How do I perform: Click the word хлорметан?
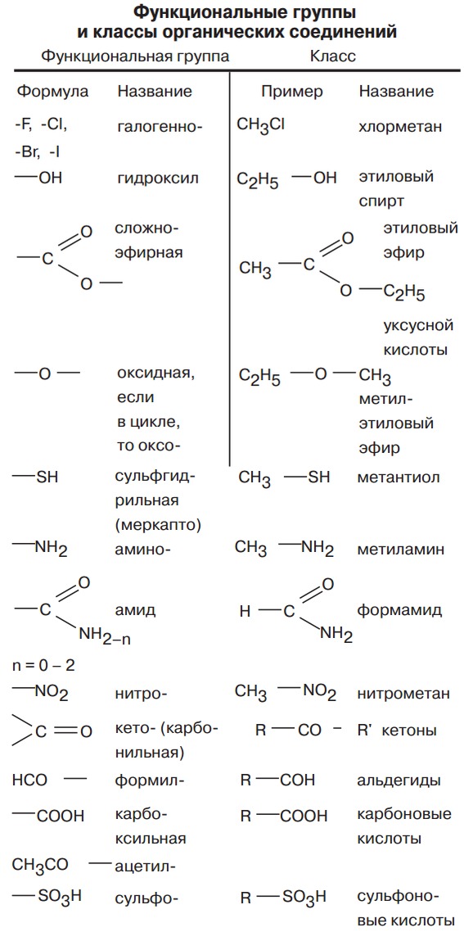tap(401, 127)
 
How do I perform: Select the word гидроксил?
tap(158, 179)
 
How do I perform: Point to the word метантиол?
tap(399, 477)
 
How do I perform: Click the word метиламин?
tap(400, 550)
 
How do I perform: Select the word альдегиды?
tap(399, 780)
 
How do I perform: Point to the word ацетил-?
tap(144, 866)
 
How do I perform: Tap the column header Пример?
tap(292, 92)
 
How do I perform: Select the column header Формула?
tap(53, 92)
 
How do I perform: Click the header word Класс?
tap(333, 57)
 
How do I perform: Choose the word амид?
tap(136, 610)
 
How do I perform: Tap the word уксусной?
tap(418, 326)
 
